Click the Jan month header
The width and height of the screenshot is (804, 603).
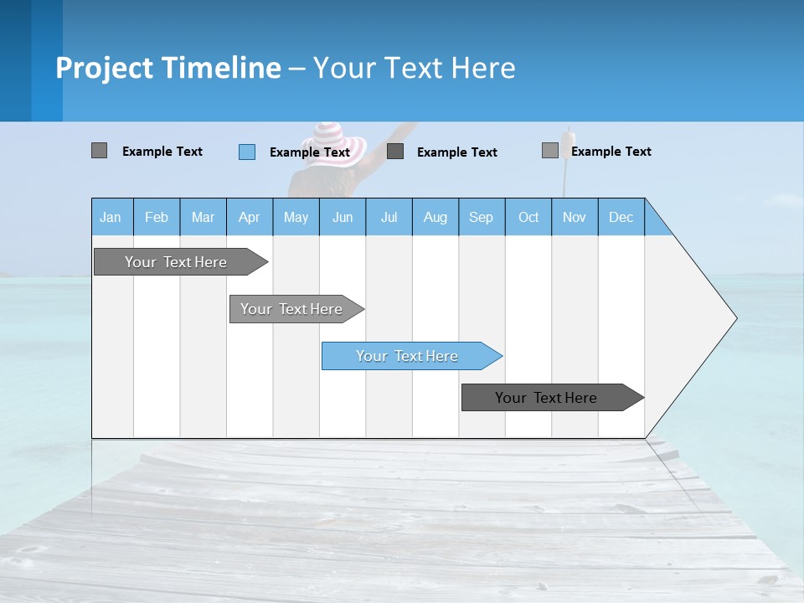tap(111, 217)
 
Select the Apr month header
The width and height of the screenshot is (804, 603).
tap(249, 217)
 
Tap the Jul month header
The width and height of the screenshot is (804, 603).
tap(389, 217)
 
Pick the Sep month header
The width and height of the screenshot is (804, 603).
tap(481, 217)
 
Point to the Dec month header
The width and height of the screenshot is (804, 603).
tap(621, 217)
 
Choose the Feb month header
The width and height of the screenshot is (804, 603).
tap(157, 217)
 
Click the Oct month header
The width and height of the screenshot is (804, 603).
tap(528, 217)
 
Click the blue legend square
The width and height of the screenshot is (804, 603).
tap(247, 152)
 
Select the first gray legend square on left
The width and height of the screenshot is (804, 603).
tap(99, 151)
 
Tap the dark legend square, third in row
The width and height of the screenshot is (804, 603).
tap(395, 152)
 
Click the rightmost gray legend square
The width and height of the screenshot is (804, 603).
tap(549, 151)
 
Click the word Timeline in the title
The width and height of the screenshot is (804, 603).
tap(221, 68)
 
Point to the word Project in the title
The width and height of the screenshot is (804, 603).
tap(105, 68)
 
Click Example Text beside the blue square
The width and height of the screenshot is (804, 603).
tap(310, 152)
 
